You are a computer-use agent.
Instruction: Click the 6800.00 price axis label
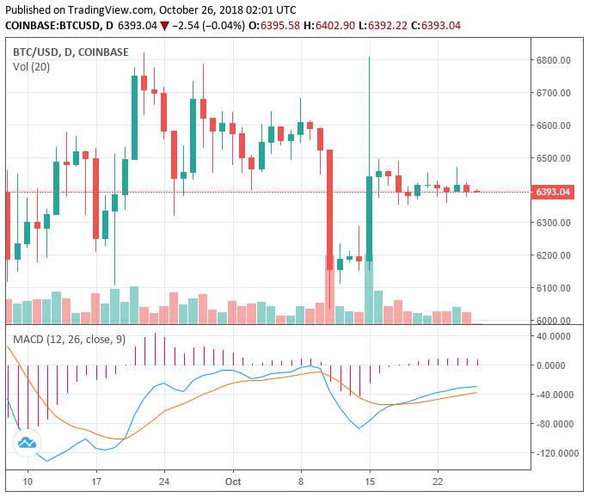(x=553, y=60)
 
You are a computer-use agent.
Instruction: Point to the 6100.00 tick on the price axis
(x=553, y=288)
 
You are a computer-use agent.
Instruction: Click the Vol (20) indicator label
(x=31, y=67)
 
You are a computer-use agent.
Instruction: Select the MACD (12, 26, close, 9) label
(x=69, y=340)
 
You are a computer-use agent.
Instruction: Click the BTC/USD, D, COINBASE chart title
(x=71, y=52)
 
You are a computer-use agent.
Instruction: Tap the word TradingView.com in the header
(x=100, y=9)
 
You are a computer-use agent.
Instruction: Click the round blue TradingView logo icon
(x=27, y=442)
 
